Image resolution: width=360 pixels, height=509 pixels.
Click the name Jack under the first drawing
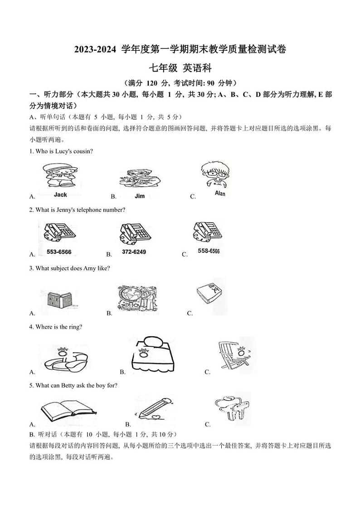point(60,194)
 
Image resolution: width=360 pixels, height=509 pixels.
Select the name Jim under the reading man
point(140,196)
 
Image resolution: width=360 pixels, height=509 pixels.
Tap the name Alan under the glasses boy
point(219,194)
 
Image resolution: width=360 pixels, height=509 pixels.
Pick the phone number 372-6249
point(134,252)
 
